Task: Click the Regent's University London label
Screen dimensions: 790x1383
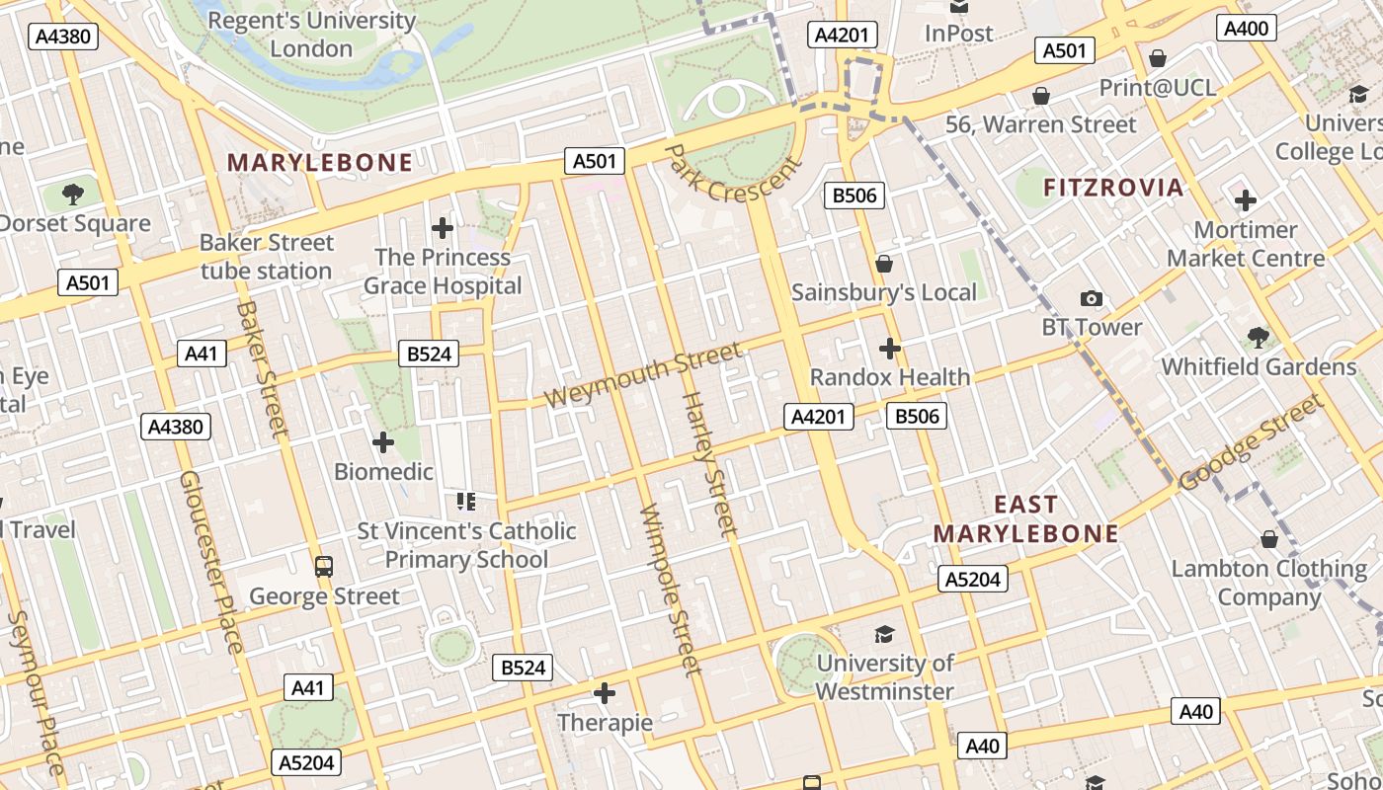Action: tap(311, 34)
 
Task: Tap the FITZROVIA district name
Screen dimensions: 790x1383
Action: tap(1113, 188)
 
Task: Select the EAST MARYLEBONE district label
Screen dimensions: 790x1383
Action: tap(1025, 519)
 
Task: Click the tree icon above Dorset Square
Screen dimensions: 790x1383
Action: tap(72, 194)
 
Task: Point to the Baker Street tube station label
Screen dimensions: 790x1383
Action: tap(267, 257)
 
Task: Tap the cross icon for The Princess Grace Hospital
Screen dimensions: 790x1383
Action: tap(443, 229)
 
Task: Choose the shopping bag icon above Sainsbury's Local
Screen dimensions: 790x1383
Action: tap(884, 264)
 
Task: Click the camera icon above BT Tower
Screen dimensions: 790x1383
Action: tap(1092, 298)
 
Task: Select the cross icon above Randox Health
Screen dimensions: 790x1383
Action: tap(890, 349)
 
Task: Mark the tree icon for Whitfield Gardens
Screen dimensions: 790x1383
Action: tap(1258, 338)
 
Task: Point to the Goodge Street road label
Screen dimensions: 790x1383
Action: tap(1251, 441)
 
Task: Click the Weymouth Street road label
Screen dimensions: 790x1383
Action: tap(643, 375)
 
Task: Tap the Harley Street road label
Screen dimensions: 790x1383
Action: tap(710, 464)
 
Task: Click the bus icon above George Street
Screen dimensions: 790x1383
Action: tap(324, 567)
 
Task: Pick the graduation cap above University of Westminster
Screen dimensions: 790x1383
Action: tap(884, 634)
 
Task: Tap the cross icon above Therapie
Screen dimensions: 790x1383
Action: tap(605, 693)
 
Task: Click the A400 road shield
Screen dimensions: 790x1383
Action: tap(1246, 28)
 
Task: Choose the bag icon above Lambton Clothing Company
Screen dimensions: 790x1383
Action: tap(1269, 539)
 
